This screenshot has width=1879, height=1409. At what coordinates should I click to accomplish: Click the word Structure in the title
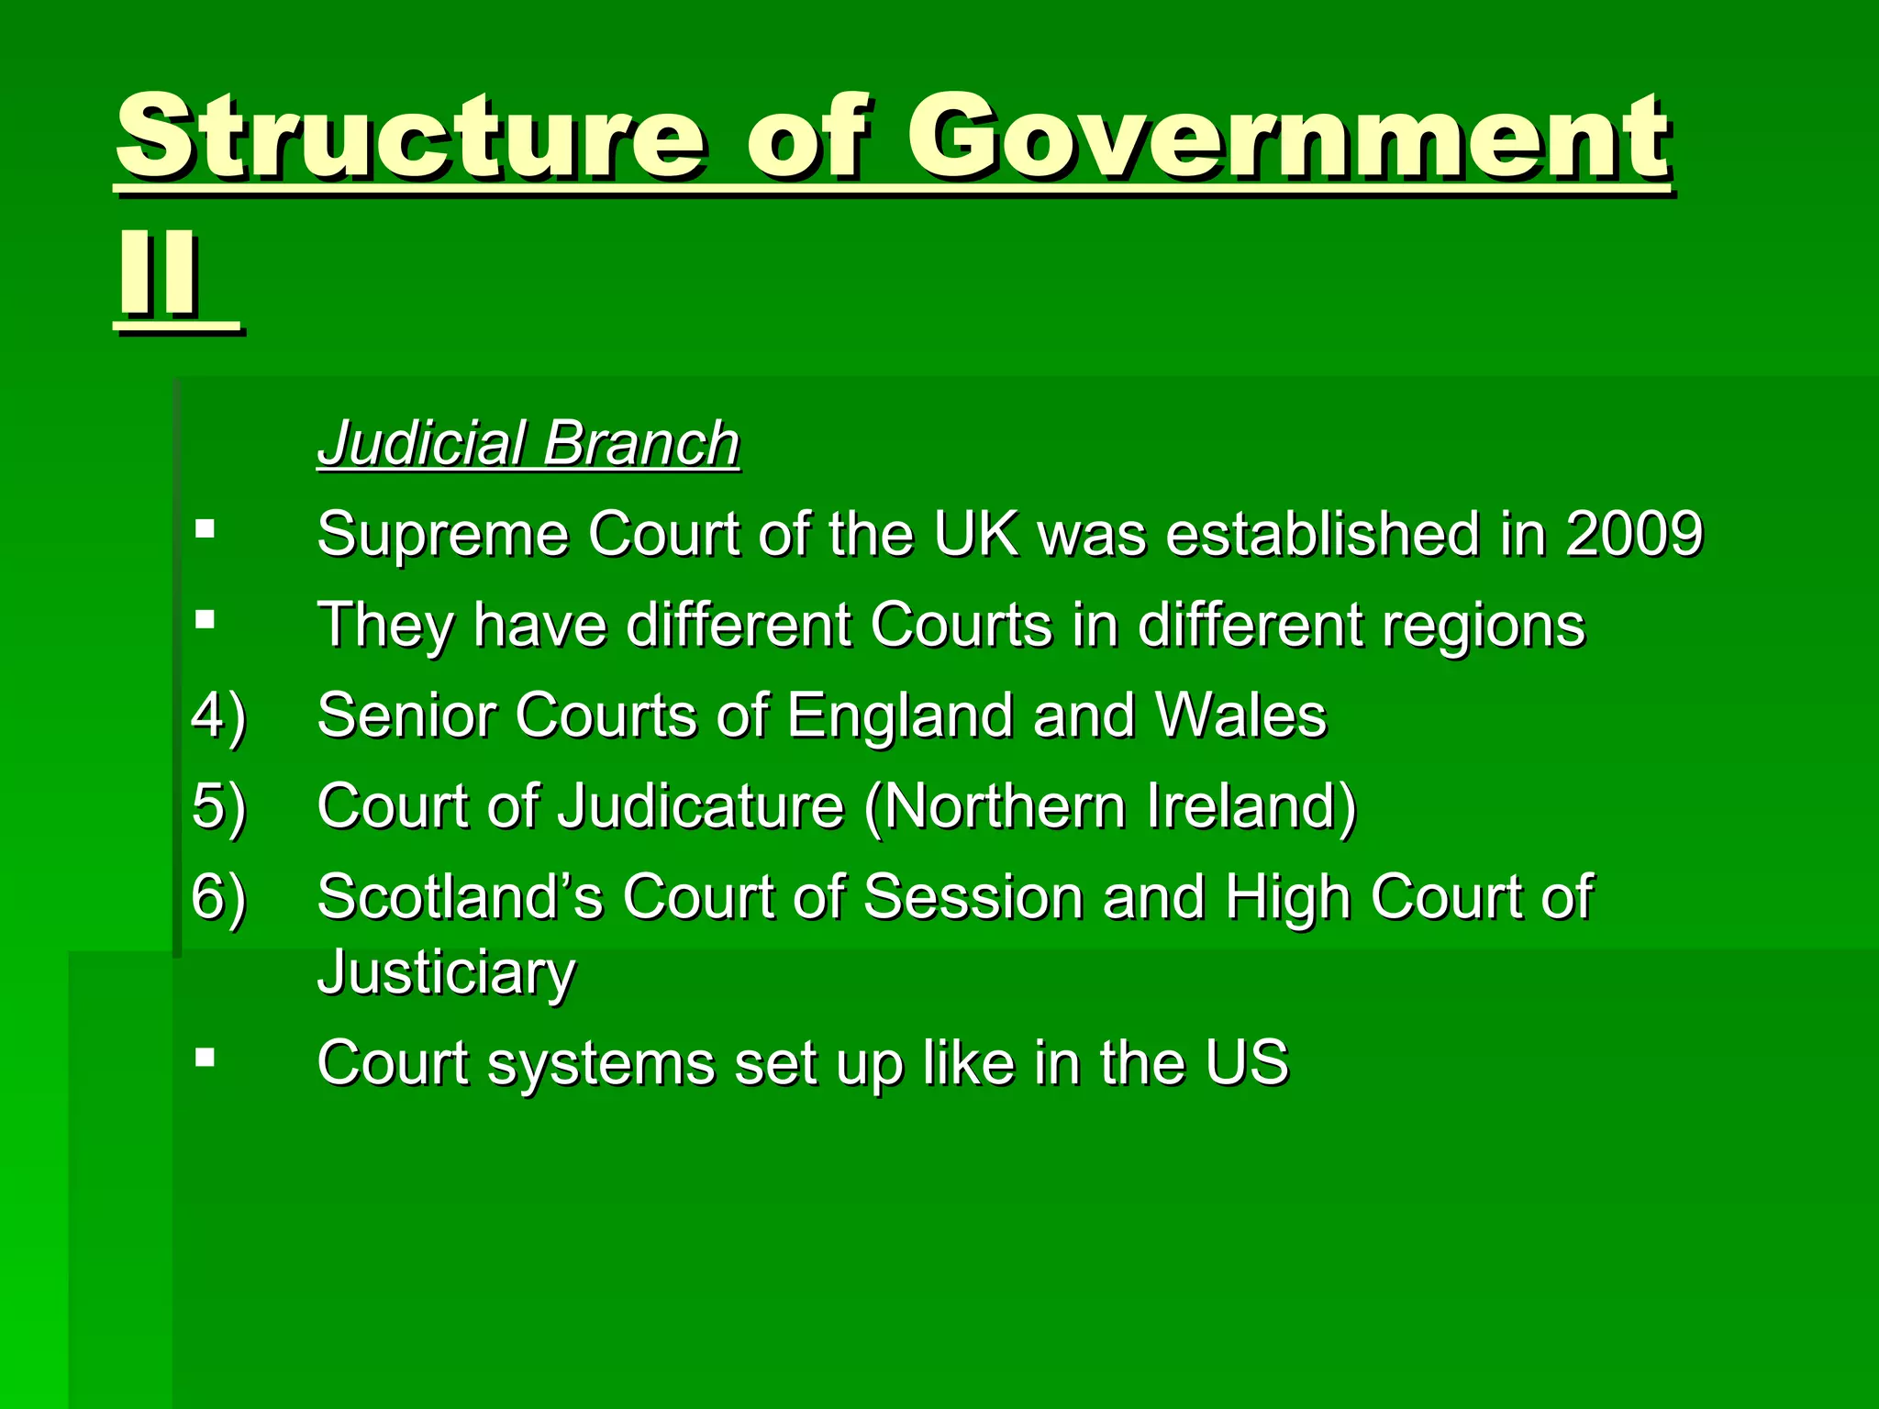pos(411,138)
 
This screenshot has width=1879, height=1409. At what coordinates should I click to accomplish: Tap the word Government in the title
pos(1288,138)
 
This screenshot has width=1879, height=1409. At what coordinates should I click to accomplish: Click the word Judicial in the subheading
pos(421,443)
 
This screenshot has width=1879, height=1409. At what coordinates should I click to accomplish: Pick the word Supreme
pos(441,535)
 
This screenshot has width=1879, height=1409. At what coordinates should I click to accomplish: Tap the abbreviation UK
pos(975,533)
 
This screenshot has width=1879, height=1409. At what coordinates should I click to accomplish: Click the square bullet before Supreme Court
pos(205,528)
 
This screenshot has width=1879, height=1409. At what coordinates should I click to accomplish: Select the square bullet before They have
pos(205,619)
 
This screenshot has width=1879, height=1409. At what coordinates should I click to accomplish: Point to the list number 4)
pos(218,716)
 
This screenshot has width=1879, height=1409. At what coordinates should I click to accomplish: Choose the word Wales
pos(1240,715)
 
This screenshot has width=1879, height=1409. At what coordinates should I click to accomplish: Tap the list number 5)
pos(218,806)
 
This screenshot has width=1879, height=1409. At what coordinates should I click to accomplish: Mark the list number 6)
pos(218,896)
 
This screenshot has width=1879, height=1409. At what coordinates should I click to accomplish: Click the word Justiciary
pos(446,972)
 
